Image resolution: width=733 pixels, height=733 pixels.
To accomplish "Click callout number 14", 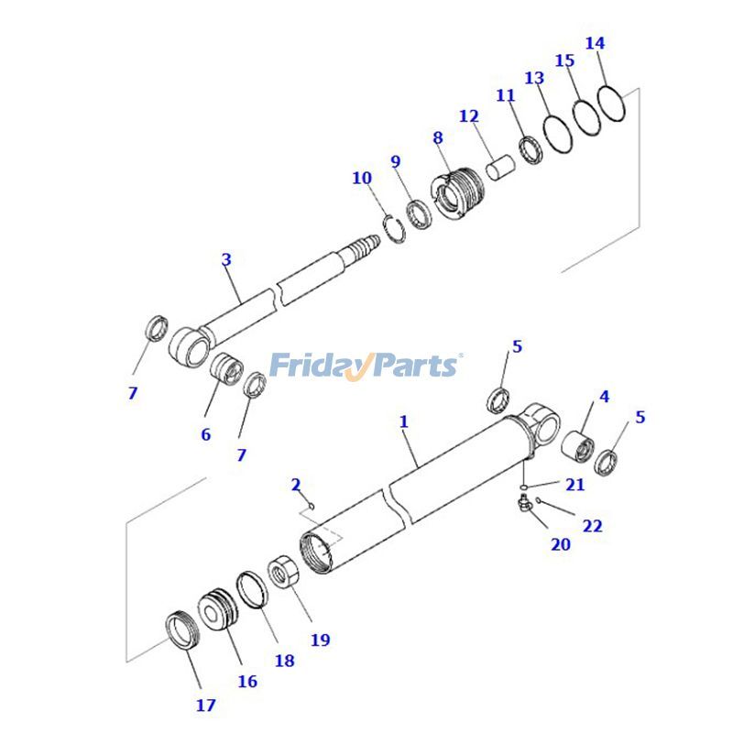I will [x=595, y=43].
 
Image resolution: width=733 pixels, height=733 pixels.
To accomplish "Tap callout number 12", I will [x=469, y=116].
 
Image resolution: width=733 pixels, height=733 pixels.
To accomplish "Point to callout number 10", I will [x=362, y=177].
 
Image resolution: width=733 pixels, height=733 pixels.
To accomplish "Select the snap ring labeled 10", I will [x=393, y=227].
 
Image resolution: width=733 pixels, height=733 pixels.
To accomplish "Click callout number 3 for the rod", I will [x=226, y=259].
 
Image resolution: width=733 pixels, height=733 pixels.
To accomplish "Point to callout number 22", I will [x=593, y=526].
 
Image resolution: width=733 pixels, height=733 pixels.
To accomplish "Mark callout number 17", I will [x=205, y=705].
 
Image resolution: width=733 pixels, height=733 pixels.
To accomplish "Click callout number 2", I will [x=296, y=484].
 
